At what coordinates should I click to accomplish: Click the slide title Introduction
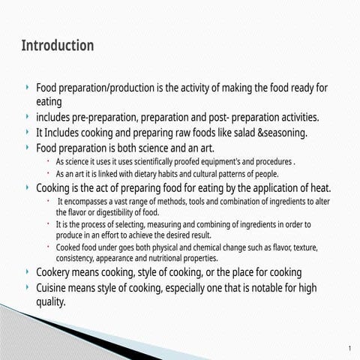58,46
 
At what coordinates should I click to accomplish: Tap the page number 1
349,349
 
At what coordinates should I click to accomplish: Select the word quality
50,302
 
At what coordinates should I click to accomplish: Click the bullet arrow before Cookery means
28,271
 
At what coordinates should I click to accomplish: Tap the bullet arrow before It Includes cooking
28,132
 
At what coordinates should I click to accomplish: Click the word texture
304,247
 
